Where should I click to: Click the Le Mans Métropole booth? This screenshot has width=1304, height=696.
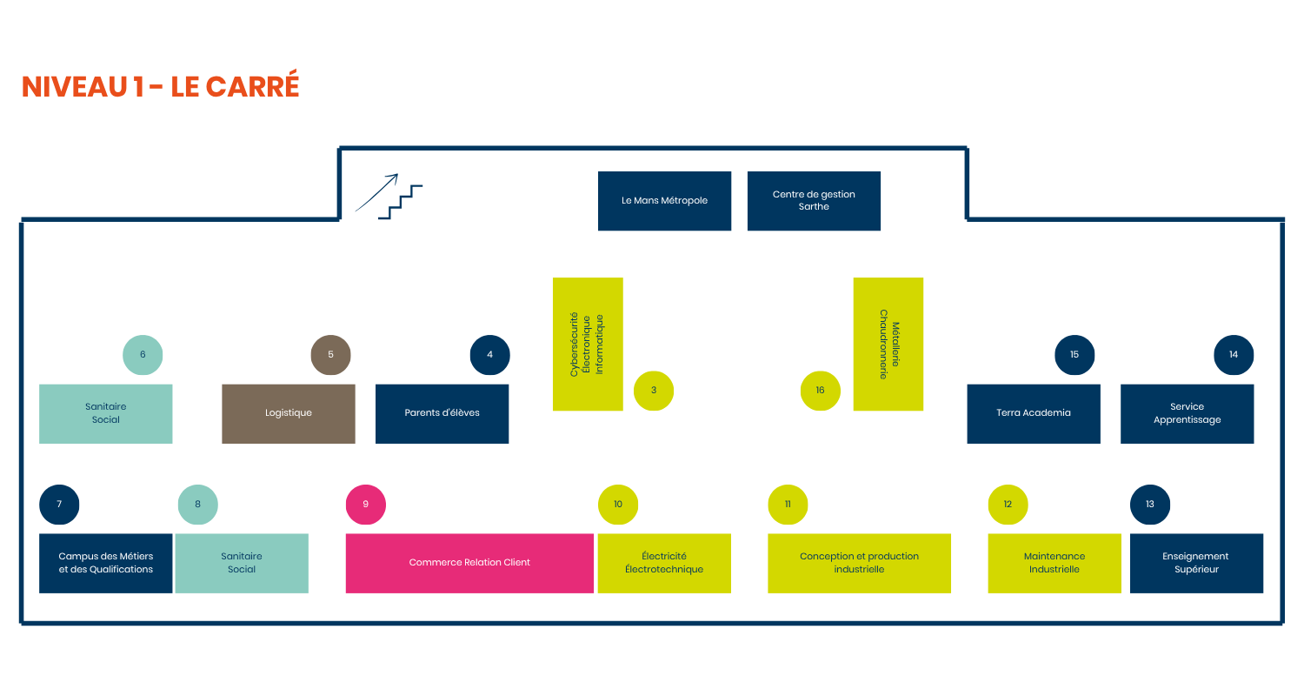click(x=664, y=201)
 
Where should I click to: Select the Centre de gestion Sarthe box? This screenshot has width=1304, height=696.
click(x=814, y=201)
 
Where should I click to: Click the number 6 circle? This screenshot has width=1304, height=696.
click(x=143, y=355)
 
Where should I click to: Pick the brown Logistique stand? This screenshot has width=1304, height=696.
click(x=288, y=413)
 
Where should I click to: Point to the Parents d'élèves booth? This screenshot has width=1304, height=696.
click(x=442, y=413)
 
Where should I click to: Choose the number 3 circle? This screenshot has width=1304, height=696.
click(x=654, y=391)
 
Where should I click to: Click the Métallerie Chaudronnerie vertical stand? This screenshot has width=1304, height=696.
click(x=888, y=344)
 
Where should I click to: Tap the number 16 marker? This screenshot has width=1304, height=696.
click(x=820, y=391)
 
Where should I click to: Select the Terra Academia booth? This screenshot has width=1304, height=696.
click(x=1034, y=413)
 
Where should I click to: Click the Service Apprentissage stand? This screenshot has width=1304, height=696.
click(x=1187, y=413)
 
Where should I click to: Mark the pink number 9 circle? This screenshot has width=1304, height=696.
click(x=366, y=505)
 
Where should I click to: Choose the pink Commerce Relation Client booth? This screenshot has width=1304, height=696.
click(x=469, y=563)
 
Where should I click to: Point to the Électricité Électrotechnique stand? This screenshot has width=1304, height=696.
click(x=664, y=563)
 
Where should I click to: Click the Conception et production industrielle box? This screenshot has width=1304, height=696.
click(x=859, y=563)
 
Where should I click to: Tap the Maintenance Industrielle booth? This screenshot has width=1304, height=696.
click(x=1055, y=563)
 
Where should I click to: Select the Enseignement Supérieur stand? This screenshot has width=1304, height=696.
click(x=1196, y=563)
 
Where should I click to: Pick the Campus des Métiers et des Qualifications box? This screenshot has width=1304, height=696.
click(x=105, y=563)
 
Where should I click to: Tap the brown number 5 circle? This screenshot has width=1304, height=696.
click(x=330, y=355)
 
